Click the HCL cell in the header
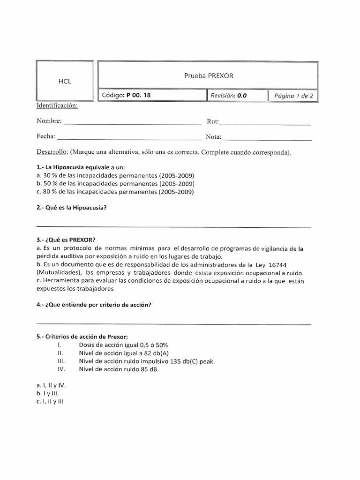[65, 81]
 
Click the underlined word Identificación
[57, 105]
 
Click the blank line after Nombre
[132, 124]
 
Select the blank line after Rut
[265, 124]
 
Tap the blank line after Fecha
[129, 139]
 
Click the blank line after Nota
[268, 139]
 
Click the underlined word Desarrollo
[52, 153]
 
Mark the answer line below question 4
[173, 324]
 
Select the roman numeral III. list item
[60, 361]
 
